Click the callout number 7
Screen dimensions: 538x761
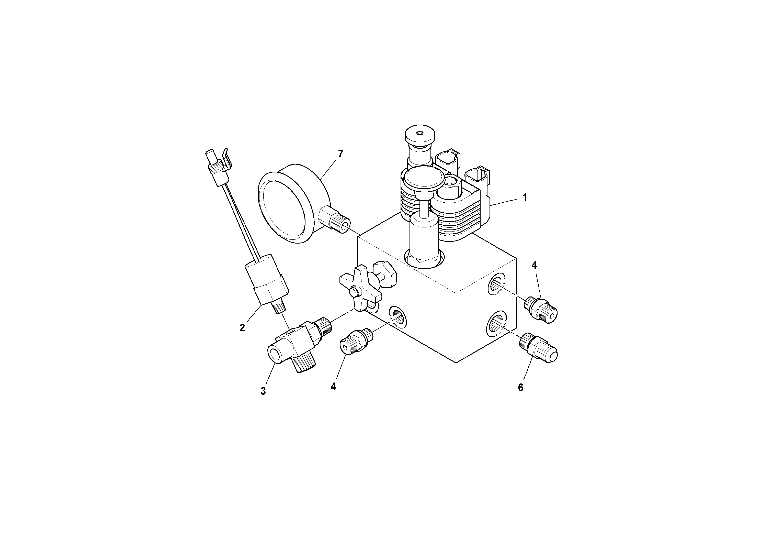[x=340, y=154]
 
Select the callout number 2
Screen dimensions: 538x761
[x=242, y=328]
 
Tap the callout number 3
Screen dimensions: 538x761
[x=263, y=391]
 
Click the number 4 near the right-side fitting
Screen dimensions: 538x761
[x=534, y=265]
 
